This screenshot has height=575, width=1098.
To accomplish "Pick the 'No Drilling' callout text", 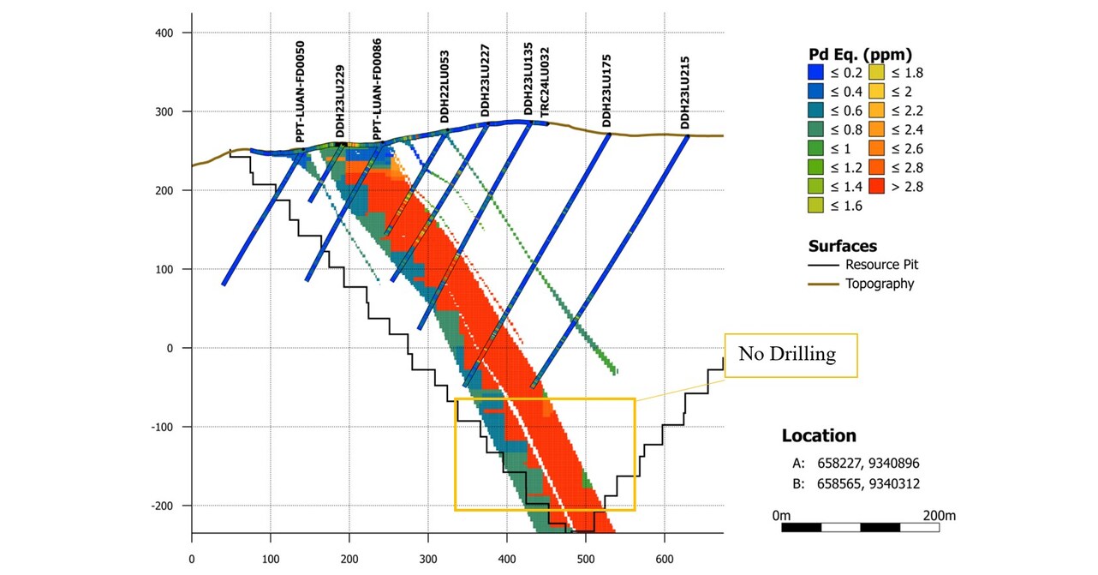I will click(x=790, y=355).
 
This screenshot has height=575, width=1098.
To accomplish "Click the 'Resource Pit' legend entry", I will click(x=881, y=265).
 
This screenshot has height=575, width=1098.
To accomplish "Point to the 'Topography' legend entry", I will click(x=880, y=284).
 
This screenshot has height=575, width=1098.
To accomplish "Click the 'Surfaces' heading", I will click(x=843, y=246).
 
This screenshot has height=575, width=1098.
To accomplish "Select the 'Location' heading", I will click(x=818, y=435).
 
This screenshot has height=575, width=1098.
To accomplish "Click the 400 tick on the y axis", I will click(x=164, y=33).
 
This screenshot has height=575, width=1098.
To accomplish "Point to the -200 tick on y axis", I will click(x=159, y=506).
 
